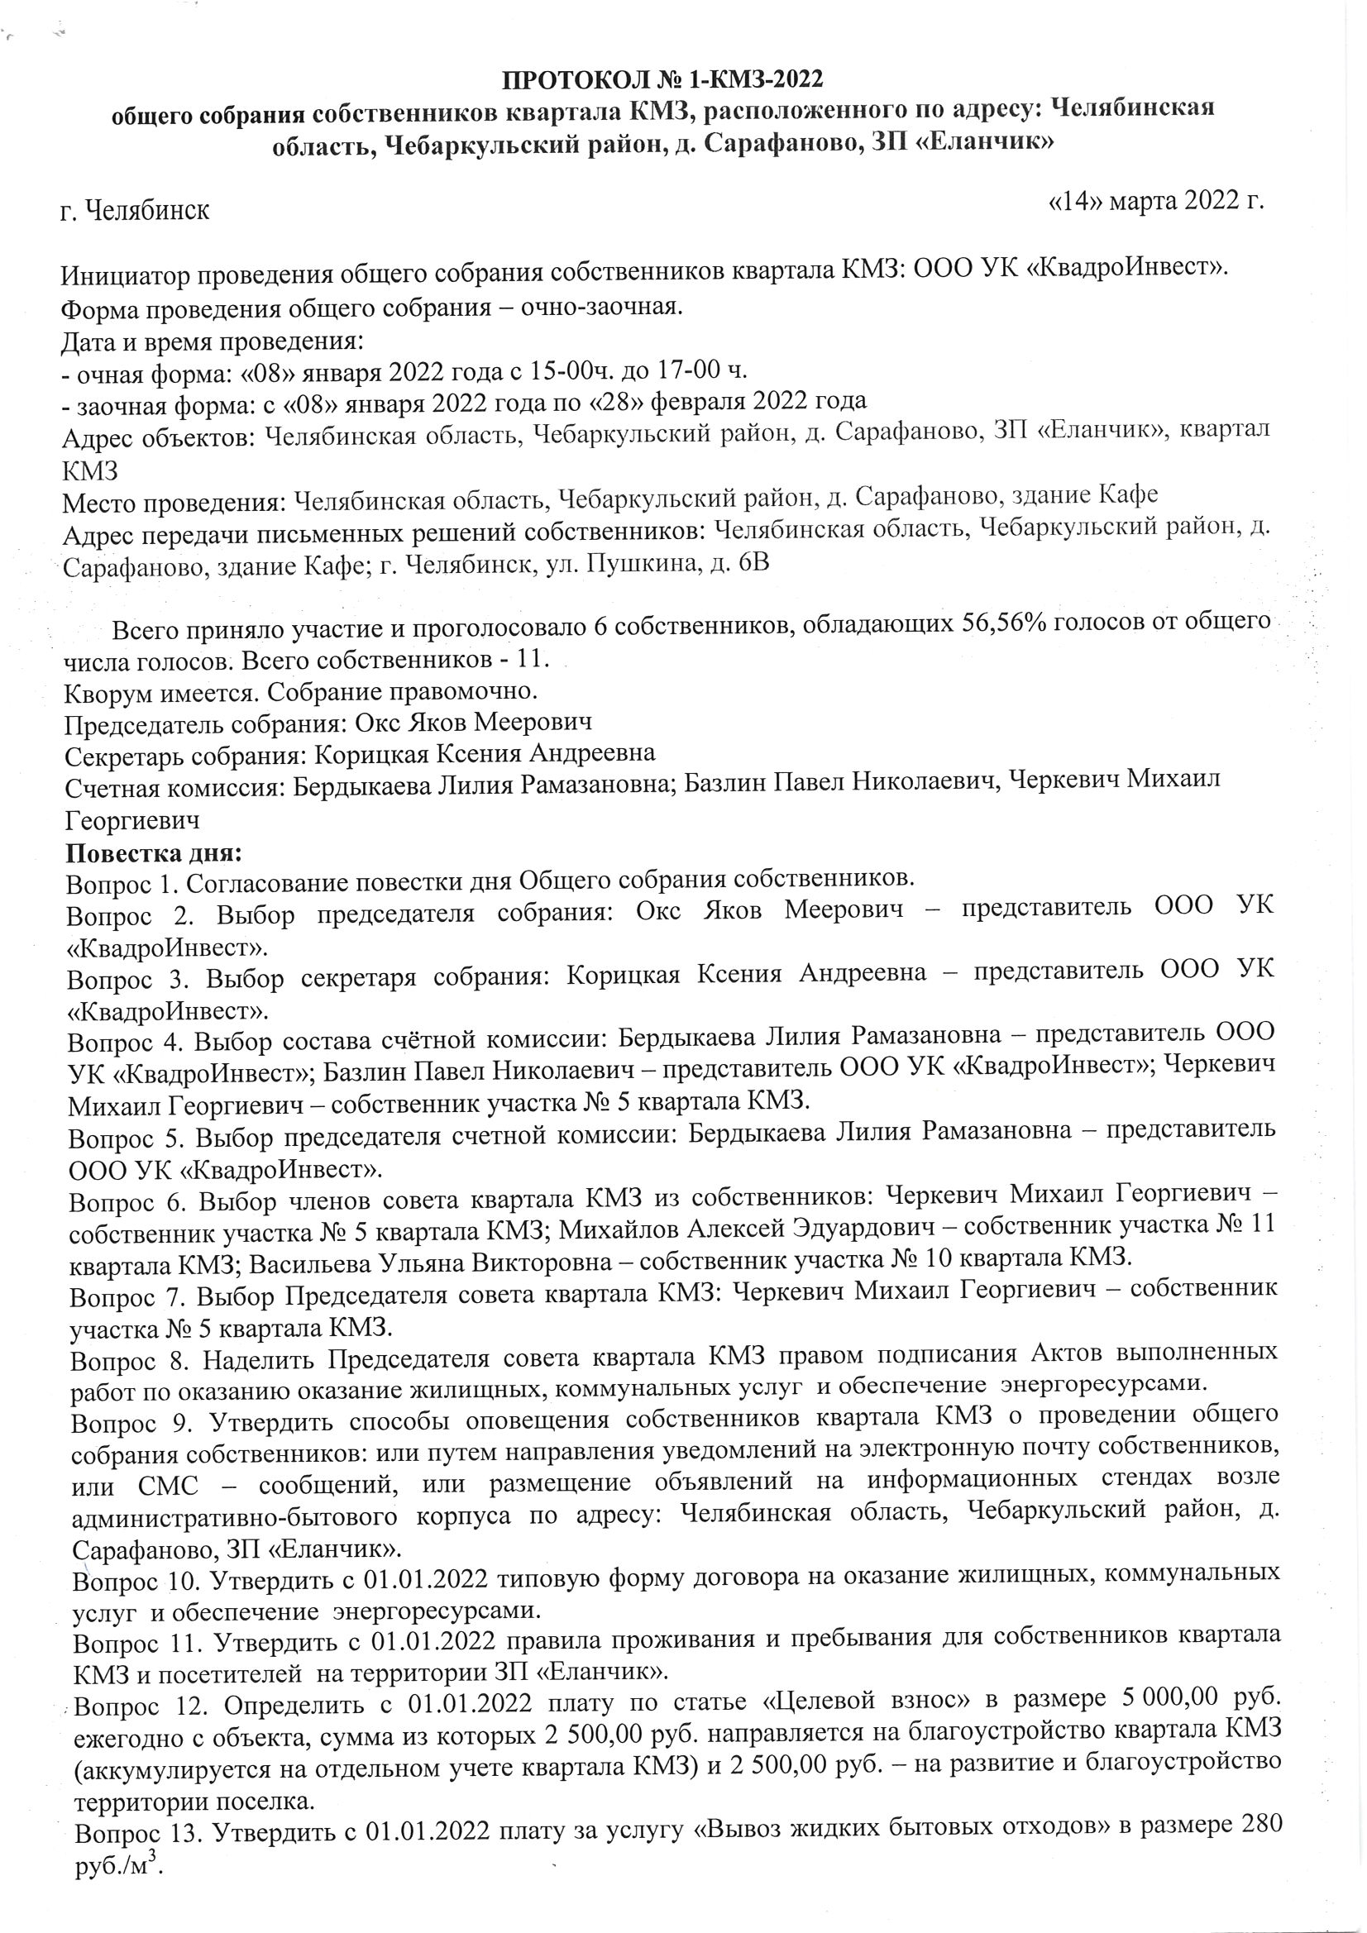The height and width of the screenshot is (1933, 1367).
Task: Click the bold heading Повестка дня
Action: pyautogui.click(x=154, y=852)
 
